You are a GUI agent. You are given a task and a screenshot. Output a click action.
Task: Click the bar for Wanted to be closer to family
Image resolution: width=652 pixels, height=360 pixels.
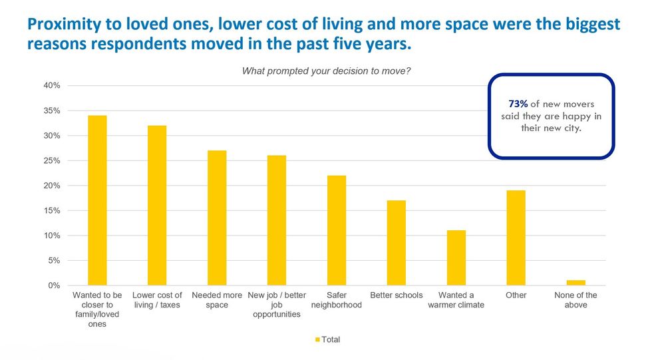[x=97, y=200]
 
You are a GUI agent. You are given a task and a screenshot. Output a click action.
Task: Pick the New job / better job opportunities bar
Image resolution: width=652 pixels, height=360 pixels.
[x=277, y=220]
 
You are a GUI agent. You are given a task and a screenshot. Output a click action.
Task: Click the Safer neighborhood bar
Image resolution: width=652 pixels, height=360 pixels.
[x=337, y=230]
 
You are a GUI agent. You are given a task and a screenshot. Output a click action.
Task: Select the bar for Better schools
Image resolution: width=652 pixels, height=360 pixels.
[x=397, y=243]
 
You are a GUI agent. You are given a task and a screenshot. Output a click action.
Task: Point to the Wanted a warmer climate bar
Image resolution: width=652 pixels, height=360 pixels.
[x=456, y=258]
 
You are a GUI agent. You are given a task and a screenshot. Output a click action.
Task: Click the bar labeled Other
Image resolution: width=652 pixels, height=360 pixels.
[x=516, y=238]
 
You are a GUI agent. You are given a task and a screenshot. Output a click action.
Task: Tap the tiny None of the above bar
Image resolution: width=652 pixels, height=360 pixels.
[x=576, y=283]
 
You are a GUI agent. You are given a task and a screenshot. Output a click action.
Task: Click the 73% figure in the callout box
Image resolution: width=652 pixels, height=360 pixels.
[x=518, y=104]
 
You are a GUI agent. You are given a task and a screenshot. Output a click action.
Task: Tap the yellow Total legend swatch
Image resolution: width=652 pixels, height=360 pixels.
[x=317, y=340]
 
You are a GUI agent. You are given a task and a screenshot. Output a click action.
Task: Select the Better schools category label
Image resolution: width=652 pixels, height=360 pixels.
[x=397, y=295]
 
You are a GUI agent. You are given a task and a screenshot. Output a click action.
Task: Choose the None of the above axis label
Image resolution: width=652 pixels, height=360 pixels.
[x=576, y=300]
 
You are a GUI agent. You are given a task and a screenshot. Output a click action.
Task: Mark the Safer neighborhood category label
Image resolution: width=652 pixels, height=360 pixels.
[x=337, y=300]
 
